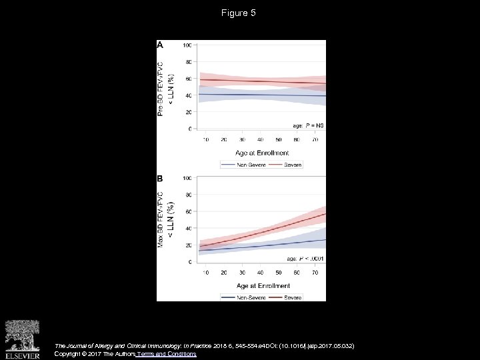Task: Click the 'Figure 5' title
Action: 239,13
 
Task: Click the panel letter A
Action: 161,45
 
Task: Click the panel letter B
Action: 161,179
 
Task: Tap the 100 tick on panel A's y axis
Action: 187,45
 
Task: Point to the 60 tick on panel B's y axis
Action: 189,212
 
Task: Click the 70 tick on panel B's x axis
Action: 313,273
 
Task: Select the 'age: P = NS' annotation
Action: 308,125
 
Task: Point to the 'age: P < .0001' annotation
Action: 305,258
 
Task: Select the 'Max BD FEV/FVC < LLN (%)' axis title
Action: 165,220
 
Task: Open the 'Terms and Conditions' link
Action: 166,354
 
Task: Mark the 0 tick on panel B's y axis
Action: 191,262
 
